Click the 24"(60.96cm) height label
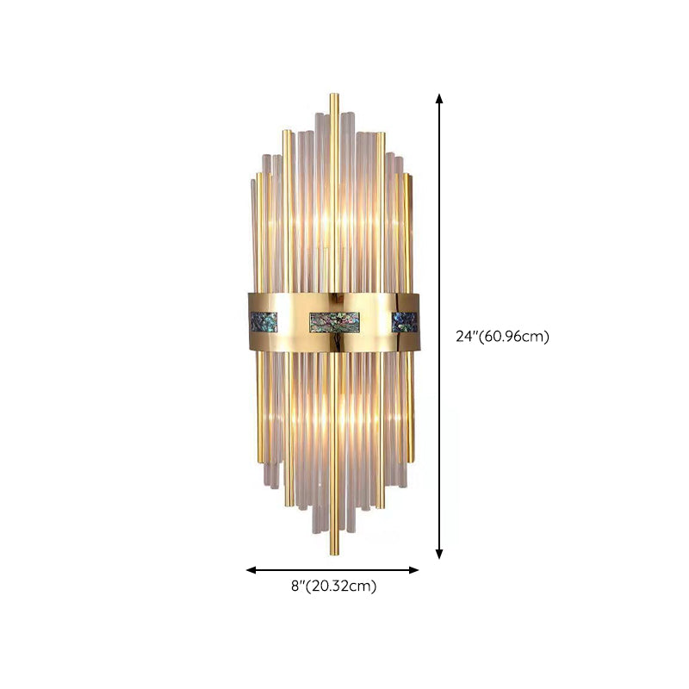point(502,337)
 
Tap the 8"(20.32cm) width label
point(333,586)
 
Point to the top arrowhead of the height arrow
point(439,98)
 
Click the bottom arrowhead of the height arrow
point(439,554)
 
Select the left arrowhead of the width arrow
point(251,570)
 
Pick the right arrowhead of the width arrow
point(413,570)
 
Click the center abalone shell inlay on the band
point(334,322)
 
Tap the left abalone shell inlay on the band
point(264,322)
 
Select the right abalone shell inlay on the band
point(403,322)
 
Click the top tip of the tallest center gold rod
point(334,94)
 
